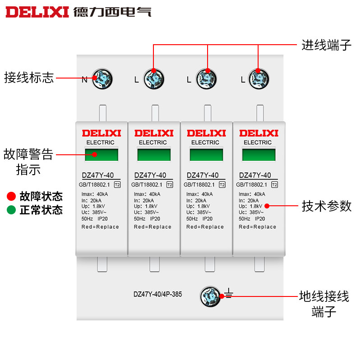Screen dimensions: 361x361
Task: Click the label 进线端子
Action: point(326,45)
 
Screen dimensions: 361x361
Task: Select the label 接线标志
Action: point(29,78)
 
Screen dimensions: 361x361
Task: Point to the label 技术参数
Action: point(326,206)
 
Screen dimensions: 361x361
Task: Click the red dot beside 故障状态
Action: point(11,196)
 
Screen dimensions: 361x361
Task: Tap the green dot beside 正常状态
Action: point(11,210)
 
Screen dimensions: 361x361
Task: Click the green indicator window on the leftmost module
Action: point(101,155)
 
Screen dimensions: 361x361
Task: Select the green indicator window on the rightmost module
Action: point(258,155)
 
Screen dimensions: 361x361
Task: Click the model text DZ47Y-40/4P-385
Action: point(157,294)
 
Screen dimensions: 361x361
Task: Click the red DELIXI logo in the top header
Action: point(37,11)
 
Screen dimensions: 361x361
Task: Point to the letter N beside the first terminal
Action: point(84,80)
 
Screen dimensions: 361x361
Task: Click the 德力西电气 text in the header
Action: point(112,11)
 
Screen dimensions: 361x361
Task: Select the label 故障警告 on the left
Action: point(28,155)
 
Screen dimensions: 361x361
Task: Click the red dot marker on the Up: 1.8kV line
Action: point(267,206)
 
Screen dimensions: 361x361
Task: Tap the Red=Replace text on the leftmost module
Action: point(100,227)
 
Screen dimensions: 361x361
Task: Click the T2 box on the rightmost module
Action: point(274,184)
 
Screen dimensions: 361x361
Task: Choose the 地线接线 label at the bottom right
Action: point(324,296)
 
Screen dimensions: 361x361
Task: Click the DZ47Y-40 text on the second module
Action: point(150,176)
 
